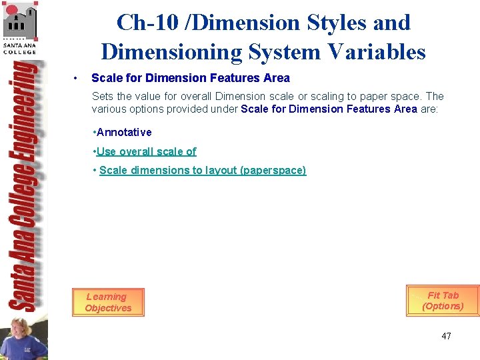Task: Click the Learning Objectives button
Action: pyautogui.click(x=108, y=303)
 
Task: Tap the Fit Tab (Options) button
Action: pyautogui.click(x=443, y=301)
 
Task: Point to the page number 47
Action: pyautogui.click(x=446, y=336)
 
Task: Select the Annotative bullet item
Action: pyautogui.click(x=124, y=132)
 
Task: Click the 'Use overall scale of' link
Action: pyautogui.click(x=147, y=151)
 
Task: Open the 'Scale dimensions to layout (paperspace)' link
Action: pyautogui.click(x=203, y=170)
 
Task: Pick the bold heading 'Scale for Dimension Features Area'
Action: pyautogui.click(x=191, y=78)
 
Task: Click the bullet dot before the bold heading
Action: pyautogui.click(x=78, y=78)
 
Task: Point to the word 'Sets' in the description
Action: pyautogui.click(x=103, y=97)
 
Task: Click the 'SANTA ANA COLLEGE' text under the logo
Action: pyautogui.click(x=20, y=49)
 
